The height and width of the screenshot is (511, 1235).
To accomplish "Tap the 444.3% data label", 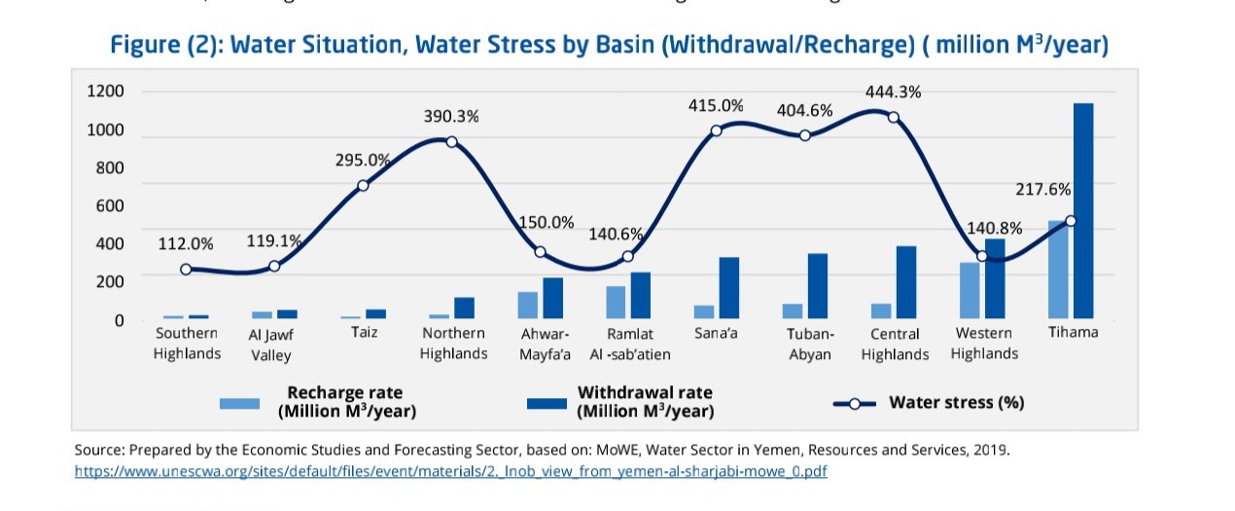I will pos(894,91).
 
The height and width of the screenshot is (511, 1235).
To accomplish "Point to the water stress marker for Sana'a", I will pos(716,130).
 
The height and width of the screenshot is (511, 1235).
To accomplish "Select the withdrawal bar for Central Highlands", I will pos(906,282).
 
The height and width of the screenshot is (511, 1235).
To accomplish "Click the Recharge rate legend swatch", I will pos(239,403).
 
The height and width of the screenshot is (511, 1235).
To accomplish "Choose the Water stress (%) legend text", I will pos(956,403).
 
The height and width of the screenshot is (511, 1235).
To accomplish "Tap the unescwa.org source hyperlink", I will pos(450,471).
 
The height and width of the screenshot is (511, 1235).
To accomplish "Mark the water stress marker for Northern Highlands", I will pos(451,142).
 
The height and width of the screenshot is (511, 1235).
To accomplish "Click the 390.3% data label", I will pos(451,116).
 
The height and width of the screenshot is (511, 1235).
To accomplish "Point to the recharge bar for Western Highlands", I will pos(970,290).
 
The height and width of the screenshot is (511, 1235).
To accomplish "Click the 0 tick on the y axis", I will pos(119,320).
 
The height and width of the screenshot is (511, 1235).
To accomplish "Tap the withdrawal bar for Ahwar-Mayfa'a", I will pos(553,298).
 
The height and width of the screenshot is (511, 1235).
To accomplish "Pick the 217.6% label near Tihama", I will pos(1042,189).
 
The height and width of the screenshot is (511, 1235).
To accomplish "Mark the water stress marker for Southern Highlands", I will pos(186,270).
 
